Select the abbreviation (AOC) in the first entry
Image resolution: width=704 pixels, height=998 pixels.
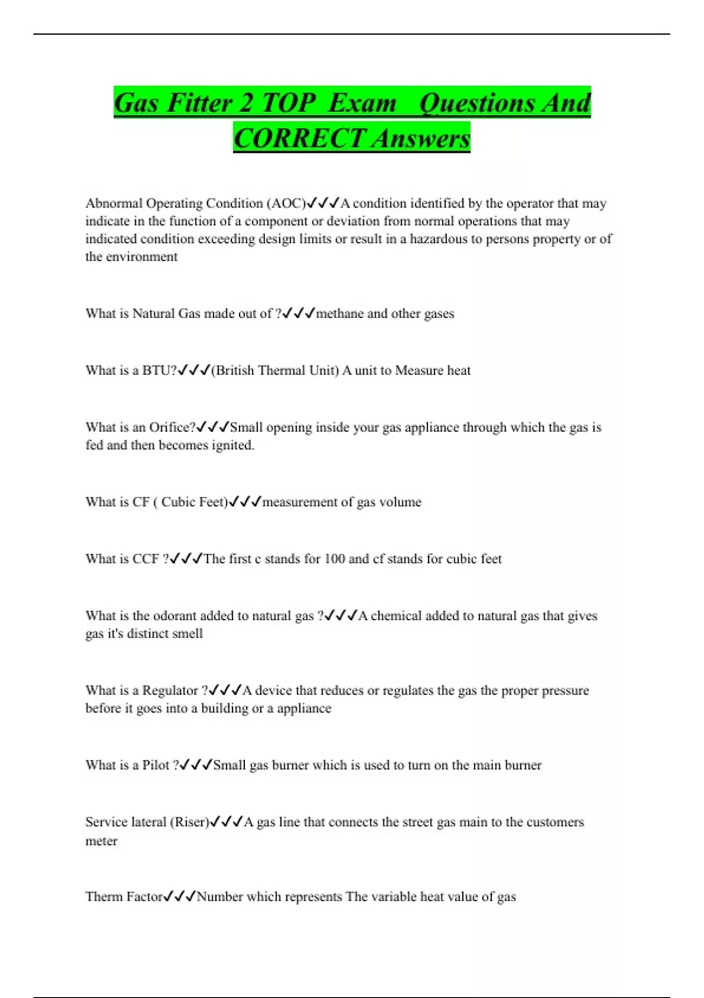click(286, 203)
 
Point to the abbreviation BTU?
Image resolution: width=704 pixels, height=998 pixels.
click(159, 370)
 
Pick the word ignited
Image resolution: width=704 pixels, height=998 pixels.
click(233, 445)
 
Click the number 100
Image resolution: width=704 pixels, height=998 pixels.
click(334, 559)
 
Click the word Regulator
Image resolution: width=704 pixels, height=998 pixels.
click(170, 690)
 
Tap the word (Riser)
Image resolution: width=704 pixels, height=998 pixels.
click(189, 822)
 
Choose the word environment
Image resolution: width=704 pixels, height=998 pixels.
click(141, 257)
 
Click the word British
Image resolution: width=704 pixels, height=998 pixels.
click(233, 370)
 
